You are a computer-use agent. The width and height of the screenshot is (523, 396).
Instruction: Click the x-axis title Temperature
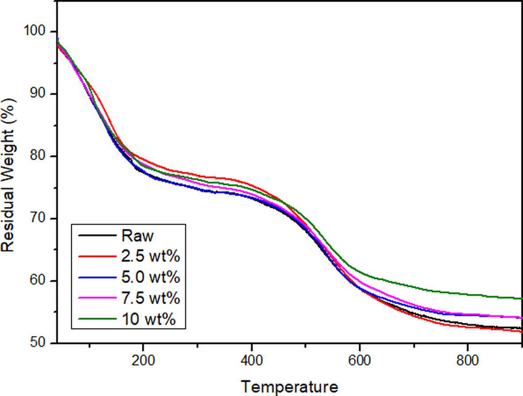pyautogui.click(x=290, y=386)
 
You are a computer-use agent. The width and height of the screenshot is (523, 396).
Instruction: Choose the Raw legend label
pyautogui.click(x=137, y=236)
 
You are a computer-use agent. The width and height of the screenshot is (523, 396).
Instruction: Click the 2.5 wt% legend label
pyautogui.click(x=151, y=257)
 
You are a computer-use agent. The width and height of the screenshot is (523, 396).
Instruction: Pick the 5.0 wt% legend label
pyautogui.click(x=151, y=278)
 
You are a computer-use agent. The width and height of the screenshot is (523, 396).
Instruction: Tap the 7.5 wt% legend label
pyautogui.click(x=151, y=299)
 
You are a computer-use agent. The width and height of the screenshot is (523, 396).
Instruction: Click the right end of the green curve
pyautogui.click(x=522, y=298)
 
